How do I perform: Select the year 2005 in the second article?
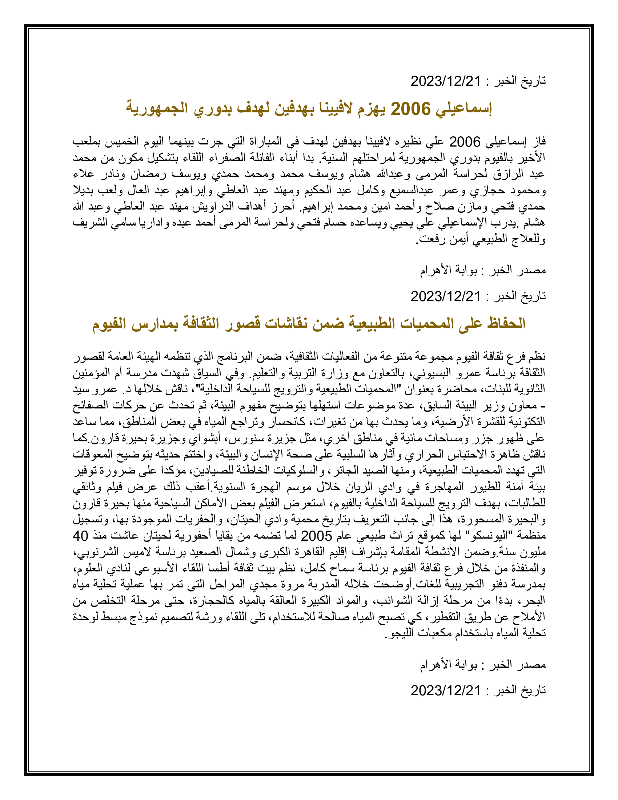click(x=316, y=536)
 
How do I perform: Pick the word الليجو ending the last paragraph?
click(x=402, y=633)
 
